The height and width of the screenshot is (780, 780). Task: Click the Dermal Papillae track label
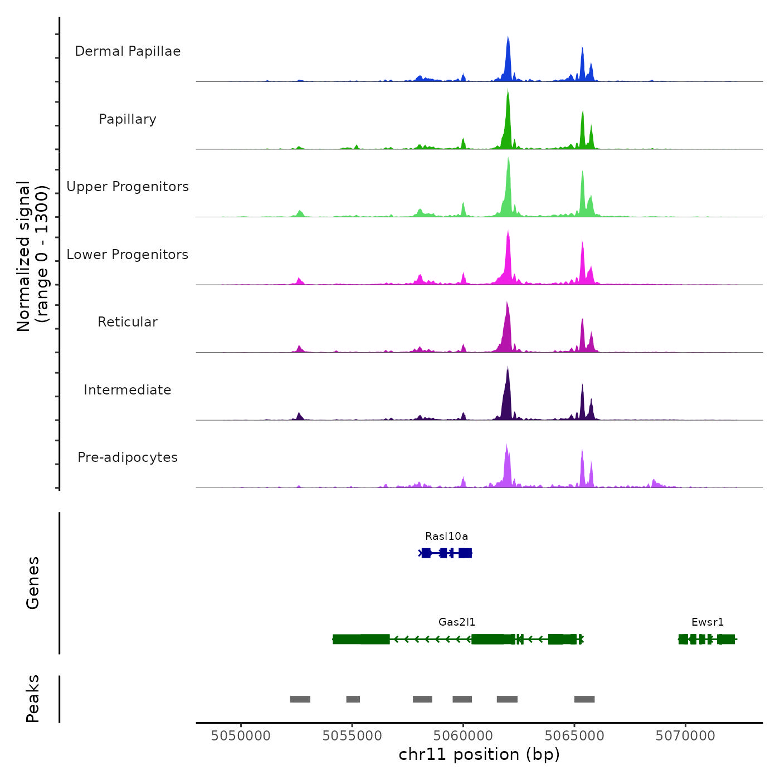click(x=128, y=51)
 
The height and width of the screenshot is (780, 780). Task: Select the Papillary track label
click(x=128, y=119)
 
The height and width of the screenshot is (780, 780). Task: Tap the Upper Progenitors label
click(x=128, y=187)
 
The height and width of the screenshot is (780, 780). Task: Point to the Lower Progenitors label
click(x=128, y=255)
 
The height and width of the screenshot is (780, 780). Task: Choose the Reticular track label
click(x=128, y=322)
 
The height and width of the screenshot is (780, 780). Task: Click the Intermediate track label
click(x=128, y=390)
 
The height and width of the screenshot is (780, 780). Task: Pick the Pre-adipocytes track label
click(x=128, y=457)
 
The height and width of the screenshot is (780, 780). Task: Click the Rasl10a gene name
click(x=446, y=537)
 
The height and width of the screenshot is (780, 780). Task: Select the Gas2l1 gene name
click(x=457, y=622)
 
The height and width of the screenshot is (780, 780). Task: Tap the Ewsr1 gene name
click(x=708, y=622)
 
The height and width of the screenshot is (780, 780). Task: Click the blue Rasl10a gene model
click(x=446, y=553)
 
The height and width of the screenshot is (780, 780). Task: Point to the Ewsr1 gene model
click(x=707, y=639)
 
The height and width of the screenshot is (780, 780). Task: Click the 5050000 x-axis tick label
click(x=241, y=735)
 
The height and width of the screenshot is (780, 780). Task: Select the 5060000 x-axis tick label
click(x=463, y=735)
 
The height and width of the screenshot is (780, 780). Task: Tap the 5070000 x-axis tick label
click(x=685, y=735)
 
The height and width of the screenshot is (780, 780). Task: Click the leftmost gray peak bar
click(x=300, y=699)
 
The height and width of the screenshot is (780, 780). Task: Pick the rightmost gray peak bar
click(x=584, y=699)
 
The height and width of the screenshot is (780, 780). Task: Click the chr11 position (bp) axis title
click(x=479, y=754)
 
